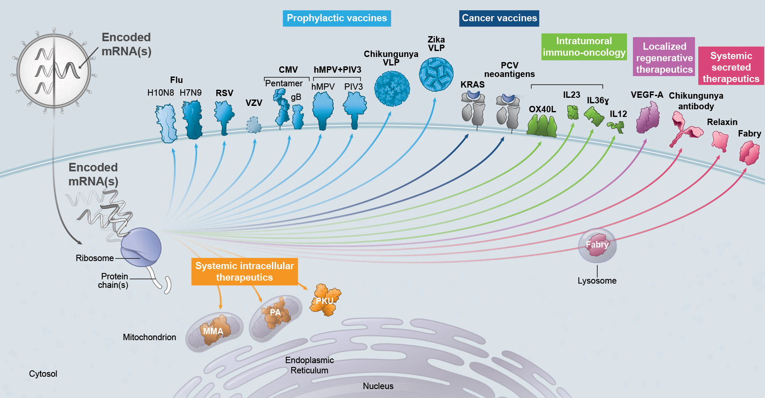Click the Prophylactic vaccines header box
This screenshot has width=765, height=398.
point(337,18)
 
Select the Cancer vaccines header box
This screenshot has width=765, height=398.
point(499,18)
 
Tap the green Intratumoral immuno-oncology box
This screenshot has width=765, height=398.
point(584,47)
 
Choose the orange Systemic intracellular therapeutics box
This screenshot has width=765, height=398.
point(244,271)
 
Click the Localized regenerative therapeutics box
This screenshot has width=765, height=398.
point(664,58)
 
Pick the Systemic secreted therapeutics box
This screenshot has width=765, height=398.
point(731,67)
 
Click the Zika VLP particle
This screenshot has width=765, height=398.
point(436,74)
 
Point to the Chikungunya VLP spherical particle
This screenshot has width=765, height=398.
point(392,88)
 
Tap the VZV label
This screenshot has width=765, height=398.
point(254,103)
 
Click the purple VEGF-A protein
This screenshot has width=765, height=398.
point(648,118)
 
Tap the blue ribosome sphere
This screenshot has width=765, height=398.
point(141,247)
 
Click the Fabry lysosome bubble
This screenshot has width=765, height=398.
point(597,246)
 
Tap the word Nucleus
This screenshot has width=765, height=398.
point(378,386)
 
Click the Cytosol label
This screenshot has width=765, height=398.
point(43,374)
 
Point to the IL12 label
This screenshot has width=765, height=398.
point(618,114)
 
